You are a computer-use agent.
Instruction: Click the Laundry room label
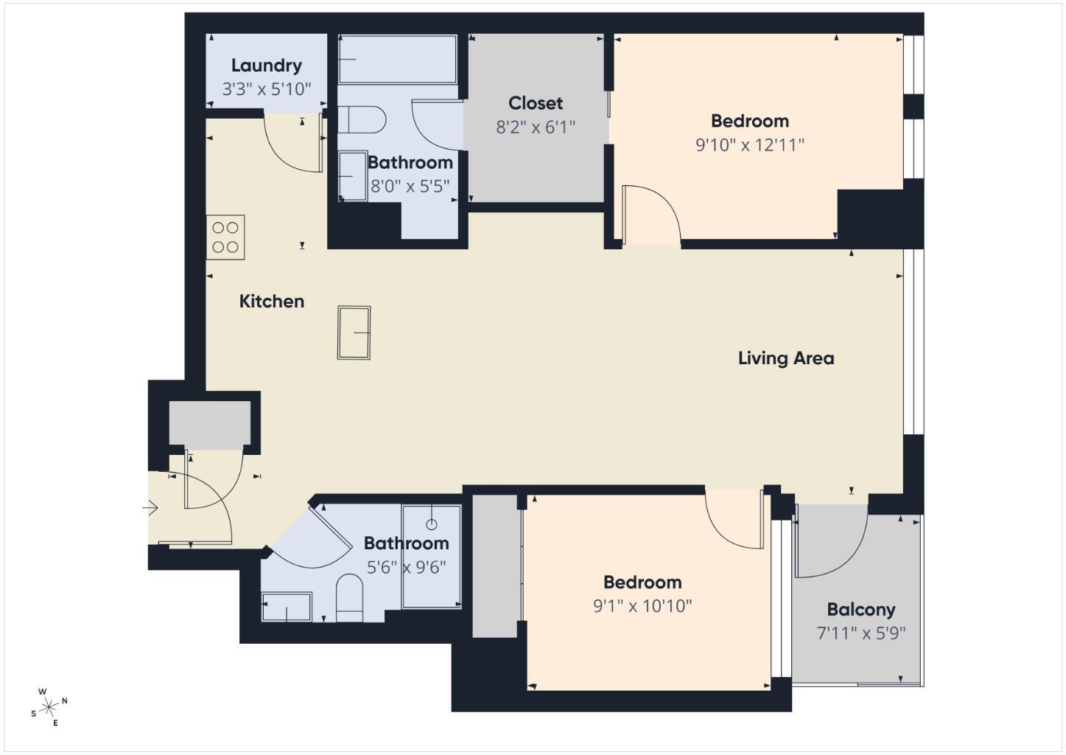click(x=266, y=66)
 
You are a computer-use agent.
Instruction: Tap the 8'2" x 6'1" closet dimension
click(x=535, y=128)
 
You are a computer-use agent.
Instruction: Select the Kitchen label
click(x=271, y=301)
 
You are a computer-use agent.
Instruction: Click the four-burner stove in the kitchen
click(x=225, y=237)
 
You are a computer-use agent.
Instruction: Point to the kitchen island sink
click(x=354, y=333)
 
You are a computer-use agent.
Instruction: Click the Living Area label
click(x=785, y=358)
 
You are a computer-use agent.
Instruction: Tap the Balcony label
click(x=860, y=610)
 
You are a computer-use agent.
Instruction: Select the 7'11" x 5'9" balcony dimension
click(x=860, y=633)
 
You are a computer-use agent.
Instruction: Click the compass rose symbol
click(x=49, y=708)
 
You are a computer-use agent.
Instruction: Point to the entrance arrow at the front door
click(x=151, y=508)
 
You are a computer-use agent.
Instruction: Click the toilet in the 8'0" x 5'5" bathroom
click(x=362, y=119)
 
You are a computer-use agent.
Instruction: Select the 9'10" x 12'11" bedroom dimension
click(x=749, y=145)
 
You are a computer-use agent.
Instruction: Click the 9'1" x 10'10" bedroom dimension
click(x=642, y=606)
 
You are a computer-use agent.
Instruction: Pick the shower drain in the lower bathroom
click(x=432, y=524)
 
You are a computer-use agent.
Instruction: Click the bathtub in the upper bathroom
click(x=397, y=60)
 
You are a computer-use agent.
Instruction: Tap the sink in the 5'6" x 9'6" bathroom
click(x=287, y=607)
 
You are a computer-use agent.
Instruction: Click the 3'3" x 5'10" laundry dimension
click(x=266, y=89)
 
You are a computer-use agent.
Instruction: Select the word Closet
click(x=535, y=103)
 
